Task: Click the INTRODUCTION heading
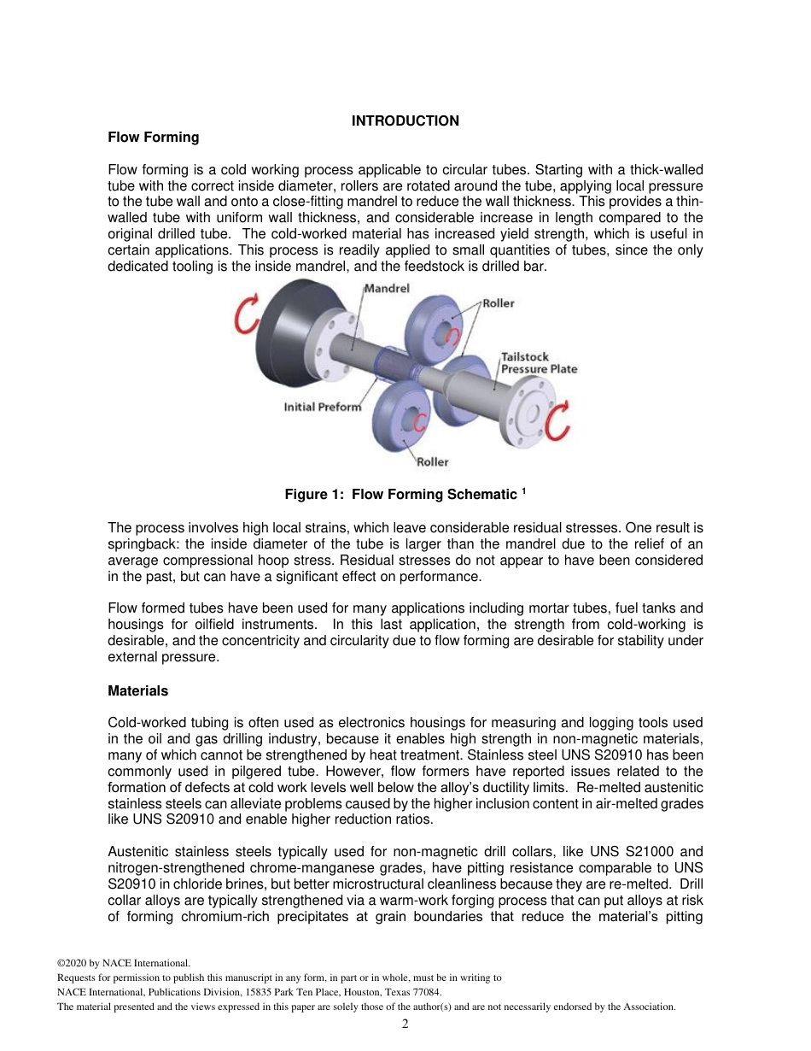405,120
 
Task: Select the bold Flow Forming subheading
153,137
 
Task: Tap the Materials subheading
137,690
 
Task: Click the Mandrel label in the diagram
387,289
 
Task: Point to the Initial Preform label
322,407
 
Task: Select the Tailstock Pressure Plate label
538,362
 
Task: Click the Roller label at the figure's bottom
432,462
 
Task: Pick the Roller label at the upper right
499,303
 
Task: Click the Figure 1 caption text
400,495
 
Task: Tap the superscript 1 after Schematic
524,490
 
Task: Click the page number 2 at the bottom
405,1025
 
